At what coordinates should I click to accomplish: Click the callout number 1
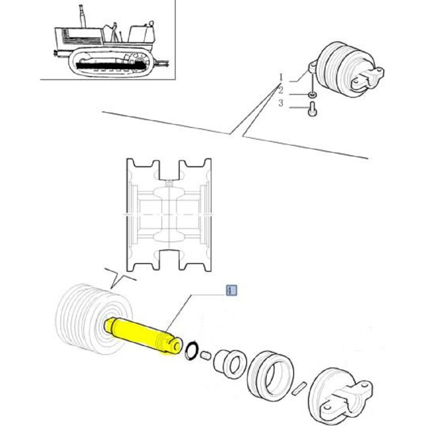pos(281,77)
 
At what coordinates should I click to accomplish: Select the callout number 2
pos(281,90)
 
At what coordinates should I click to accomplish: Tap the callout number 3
pos(281,103)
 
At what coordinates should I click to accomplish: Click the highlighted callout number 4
pos(231,291)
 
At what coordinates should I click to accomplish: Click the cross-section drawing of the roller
pos(169,215)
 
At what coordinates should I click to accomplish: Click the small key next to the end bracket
pos(299,388)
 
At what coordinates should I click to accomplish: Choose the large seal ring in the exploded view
pos(270,376)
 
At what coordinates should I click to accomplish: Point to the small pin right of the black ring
pos(206,355)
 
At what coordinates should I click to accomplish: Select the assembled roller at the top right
pos(347,69)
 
